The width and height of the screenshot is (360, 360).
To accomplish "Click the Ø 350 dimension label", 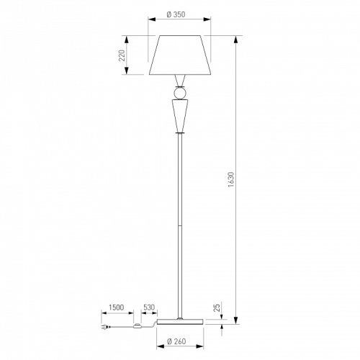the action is tap(176, 14).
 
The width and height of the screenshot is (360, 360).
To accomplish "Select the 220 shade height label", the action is tap(122, 55).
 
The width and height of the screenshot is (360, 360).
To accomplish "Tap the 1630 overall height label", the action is tap(230, 179).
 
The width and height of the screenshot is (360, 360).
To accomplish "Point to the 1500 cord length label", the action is tap(117, 307).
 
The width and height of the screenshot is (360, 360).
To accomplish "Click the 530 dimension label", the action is tap(149, 307).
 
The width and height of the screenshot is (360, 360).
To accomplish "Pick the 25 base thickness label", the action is tap(217, 308).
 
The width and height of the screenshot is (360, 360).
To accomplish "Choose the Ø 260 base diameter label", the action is tap(176, 341).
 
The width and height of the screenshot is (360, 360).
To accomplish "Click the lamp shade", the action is tap(180, 55).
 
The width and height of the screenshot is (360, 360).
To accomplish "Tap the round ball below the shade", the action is tap(180, 93).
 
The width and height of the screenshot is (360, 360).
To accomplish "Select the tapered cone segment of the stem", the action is tap(180, 116).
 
